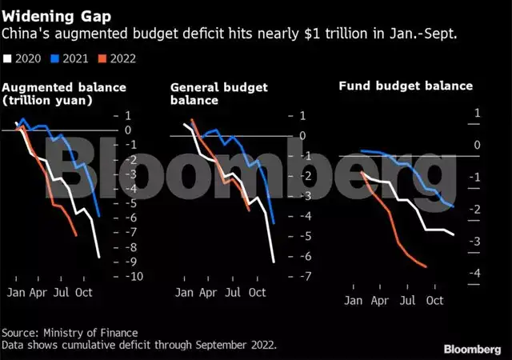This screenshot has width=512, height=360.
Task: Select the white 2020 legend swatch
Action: click(8, 58)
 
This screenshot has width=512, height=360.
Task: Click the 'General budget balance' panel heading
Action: click(218, 94)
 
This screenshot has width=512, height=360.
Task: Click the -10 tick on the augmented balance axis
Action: click(135, 276)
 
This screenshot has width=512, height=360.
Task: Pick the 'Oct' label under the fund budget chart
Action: click(434, 301)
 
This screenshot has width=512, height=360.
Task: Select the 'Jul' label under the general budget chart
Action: click(233, 293)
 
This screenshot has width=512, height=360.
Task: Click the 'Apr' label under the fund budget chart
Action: click(381, 301)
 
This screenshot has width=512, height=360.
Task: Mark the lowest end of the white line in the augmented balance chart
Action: click(99, 257)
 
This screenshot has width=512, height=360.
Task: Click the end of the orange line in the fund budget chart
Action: click(426, 267)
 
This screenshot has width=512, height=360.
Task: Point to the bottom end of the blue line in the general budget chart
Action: click(274, 223)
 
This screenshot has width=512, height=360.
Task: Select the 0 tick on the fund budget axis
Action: click(477, 146)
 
